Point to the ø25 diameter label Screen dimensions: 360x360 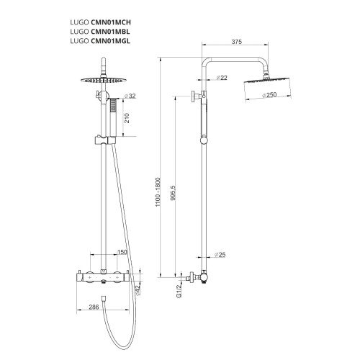click(221, 254)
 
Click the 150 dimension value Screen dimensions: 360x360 click(122, 252)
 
